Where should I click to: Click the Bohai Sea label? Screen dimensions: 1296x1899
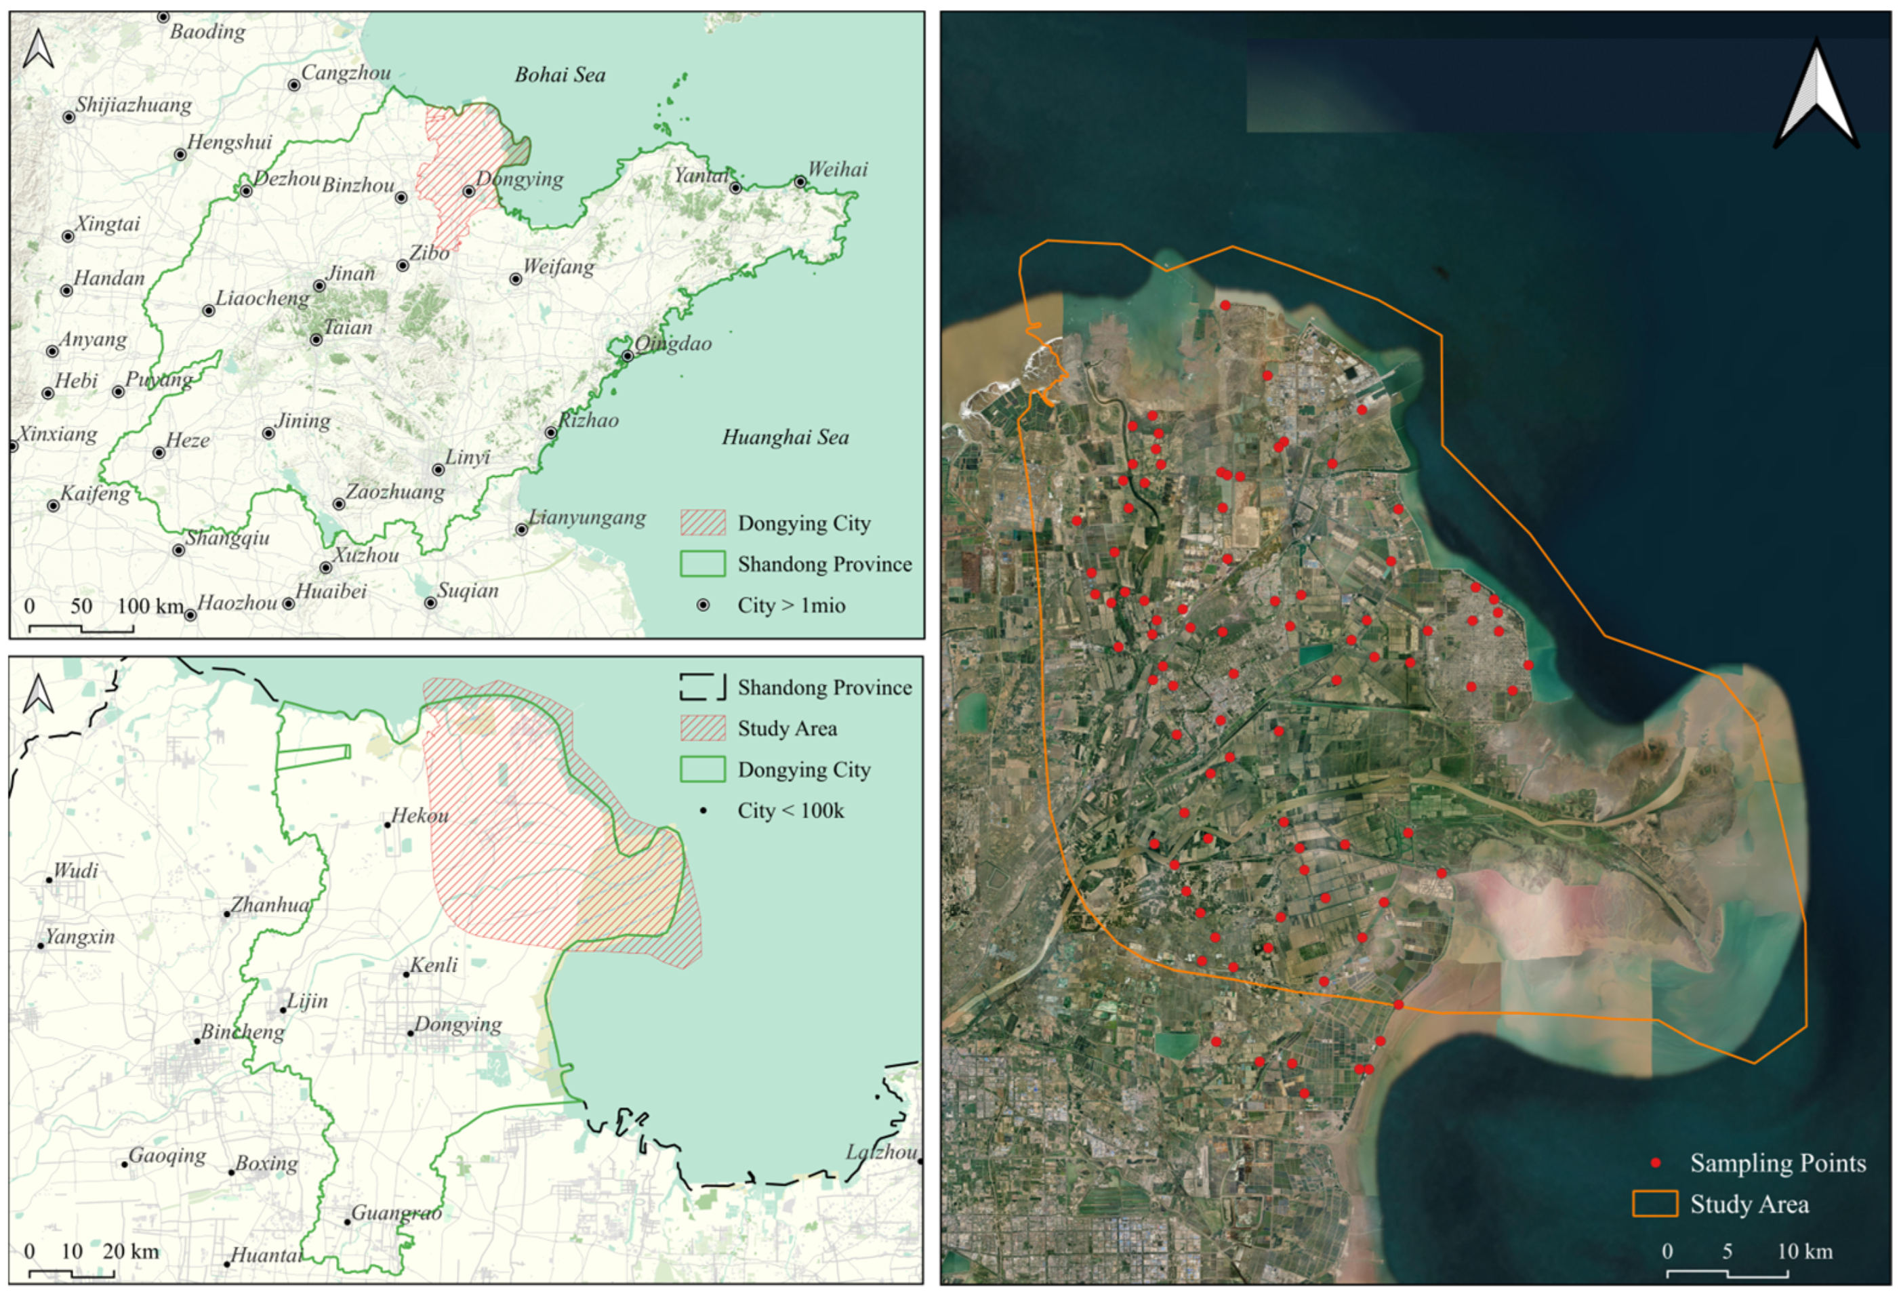point(560,75)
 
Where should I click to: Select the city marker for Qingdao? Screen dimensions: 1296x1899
point(627,357)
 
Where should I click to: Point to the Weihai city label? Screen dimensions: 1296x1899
point(838,169)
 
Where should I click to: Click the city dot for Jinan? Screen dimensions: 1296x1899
point(319,286)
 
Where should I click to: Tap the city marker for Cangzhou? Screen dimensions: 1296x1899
point(294,85)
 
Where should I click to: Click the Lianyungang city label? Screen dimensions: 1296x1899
point(587,517)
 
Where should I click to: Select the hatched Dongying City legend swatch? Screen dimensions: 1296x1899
point(703,523)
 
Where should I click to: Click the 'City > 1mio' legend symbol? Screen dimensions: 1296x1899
point(703,605)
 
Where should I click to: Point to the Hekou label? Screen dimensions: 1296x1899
point(420,815)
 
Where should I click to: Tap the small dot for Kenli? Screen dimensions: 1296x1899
point(406,974)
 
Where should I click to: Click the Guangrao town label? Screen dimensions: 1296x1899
point(396,1213)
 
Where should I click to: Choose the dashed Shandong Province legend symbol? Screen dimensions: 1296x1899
point(703,687)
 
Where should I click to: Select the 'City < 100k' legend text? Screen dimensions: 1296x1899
point(790,811)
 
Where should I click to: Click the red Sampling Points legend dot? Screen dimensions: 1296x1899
point(1656,1162)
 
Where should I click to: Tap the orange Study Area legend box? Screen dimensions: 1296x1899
point(1655,1204)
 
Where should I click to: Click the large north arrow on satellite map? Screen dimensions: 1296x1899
point(1816,96)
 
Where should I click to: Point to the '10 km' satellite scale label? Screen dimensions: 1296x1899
point(1804,1251)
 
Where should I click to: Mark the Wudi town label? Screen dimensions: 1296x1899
point(75,870)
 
